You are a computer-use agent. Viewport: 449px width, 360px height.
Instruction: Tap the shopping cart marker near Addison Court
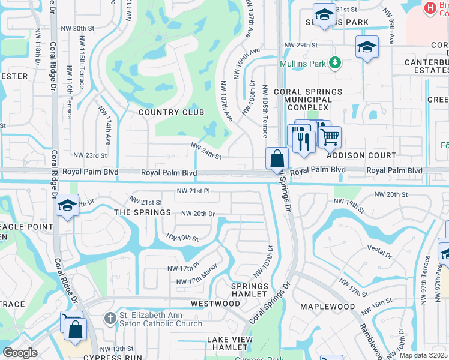329,137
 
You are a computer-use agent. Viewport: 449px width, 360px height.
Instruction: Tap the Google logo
20,353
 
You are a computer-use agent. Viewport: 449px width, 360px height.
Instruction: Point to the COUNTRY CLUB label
171,112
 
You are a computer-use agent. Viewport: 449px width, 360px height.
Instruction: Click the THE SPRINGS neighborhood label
142,213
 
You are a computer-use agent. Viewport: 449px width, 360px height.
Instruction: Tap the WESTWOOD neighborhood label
215,304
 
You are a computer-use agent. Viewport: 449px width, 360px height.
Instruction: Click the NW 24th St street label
206,151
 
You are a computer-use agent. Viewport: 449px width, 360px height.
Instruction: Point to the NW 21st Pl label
193,191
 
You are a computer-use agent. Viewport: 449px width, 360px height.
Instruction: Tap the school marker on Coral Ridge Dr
67,206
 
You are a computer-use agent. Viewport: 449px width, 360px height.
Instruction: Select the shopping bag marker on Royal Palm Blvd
277,159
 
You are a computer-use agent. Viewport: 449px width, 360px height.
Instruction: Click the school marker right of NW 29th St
366,47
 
